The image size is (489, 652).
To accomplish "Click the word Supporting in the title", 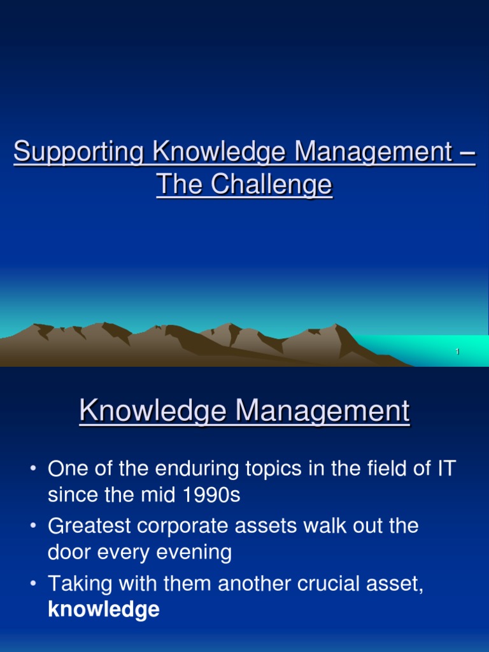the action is coord(78,152).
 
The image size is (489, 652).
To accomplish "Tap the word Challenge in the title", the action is coord(271,185).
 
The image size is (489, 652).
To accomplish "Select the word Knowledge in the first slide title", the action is coord(219,152).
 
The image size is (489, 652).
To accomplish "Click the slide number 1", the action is coord(457,351).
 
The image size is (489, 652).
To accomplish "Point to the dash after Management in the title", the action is coord(468,153).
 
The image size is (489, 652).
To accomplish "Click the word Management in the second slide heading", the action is coord(323,411).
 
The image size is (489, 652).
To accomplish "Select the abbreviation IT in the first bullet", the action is coord(446,469).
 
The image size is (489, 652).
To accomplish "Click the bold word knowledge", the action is coord(104,609).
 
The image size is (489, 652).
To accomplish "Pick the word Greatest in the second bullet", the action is coord(89,525).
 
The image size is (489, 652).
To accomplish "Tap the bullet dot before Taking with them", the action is coord(34,584).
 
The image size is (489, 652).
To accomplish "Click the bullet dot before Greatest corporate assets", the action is coord(34,526).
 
